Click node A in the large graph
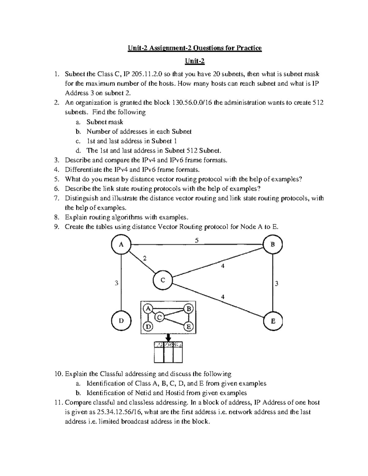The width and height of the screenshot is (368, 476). coord(121,245)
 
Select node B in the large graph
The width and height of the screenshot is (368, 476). coord(273,244)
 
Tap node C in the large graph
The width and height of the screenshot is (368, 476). coord(163,280)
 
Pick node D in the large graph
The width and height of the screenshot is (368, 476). coord(121,321)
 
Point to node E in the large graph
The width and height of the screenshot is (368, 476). coord(273,321)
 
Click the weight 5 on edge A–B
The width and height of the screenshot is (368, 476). coord(197,241)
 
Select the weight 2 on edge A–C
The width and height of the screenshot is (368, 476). coord(145,258)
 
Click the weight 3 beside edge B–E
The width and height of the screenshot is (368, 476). coord(277,284)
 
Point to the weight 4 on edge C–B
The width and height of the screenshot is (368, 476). coord(223,266)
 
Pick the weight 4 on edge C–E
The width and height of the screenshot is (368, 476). coord(223,297)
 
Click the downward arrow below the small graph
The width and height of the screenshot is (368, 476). coord(168,337)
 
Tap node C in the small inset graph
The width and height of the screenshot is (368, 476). coord(159,317)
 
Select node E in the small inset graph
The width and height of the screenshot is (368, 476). coord(189,327)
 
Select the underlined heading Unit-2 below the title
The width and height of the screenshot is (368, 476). coord(194,62)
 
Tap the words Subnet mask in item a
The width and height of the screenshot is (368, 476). coord(105,122)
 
